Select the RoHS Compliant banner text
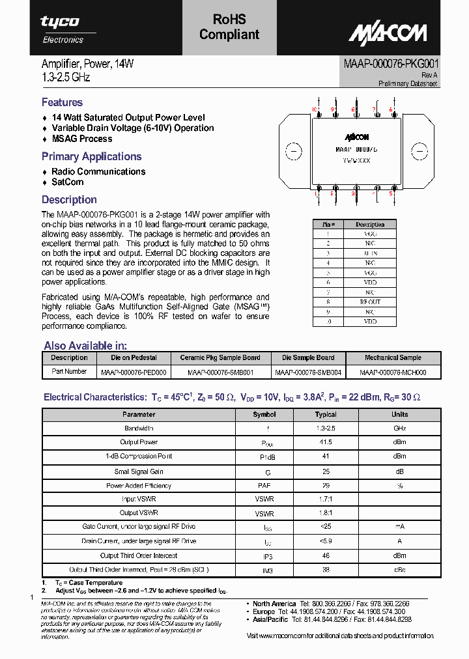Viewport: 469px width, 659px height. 229,27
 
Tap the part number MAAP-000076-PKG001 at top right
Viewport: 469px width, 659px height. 391,64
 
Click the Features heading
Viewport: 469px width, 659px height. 62,102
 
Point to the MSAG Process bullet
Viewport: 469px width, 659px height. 81,139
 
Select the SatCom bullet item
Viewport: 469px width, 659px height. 67,182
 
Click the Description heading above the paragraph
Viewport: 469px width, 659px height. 69,200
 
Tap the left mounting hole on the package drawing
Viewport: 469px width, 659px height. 294,152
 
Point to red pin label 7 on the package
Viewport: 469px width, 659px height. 374,109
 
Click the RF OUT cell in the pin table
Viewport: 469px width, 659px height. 370,302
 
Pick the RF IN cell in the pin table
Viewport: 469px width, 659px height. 370,253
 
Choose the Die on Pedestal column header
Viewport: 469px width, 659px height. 134,358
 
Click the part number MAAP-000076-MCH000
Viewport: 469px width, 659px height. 393,372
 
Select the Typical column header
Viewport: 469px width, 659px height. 326,414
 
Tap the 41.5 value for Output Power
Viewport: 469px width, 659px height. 326,442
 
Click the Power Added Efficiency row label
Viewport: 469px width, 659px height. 139,485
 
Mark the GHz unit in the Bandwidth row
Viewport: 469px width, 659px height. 399,428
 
